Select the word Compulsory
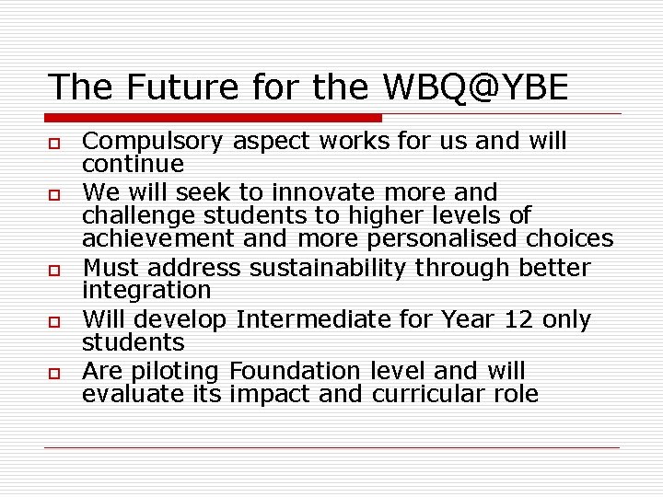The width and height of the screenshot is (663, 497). coord(153,142)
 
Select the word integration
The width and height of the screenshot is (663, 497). coord(146,291)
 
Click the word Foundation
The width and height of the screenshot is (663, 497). coord(297,371)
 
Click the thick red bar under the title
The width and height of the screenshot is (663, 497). coord(213,118)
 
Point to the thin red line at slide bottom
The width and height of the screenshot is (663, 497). coord(331,448)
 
